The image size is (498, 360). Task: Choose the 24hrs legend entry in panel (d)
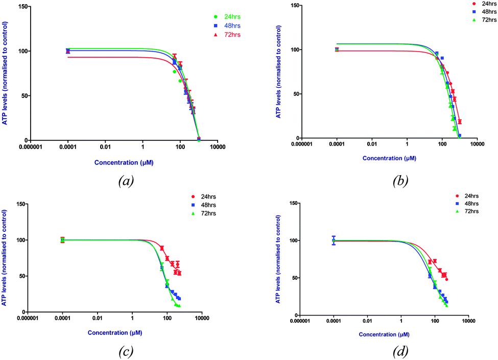click(466, 196)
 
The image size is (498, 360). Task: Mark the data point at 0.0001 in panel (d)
click(334, 241)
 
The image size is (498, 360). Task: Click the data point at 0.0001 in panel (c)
click(62, 240)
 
